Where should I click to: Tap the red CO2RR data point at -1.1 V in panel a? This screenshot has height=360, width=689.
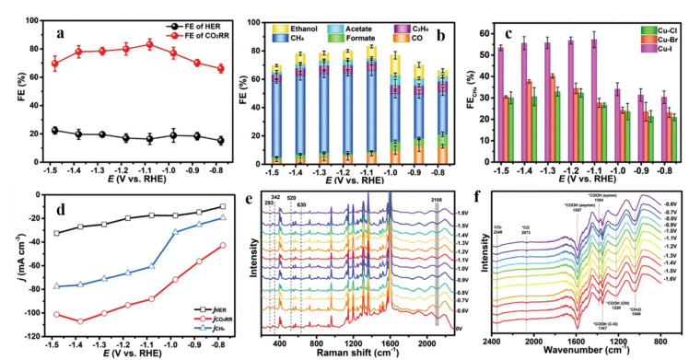pos(148,44)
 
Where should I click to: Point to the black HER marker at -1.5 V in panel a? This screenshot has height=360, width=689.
pos(53,130)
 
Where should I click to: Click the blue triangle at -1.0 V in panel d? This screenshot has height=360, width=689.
pos(172,231)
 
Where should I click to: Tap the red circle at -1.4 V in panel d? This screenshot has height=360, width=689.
pos(80,321)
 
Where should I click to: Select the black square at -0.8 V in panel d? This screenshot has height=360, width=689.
pos(223,206)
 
